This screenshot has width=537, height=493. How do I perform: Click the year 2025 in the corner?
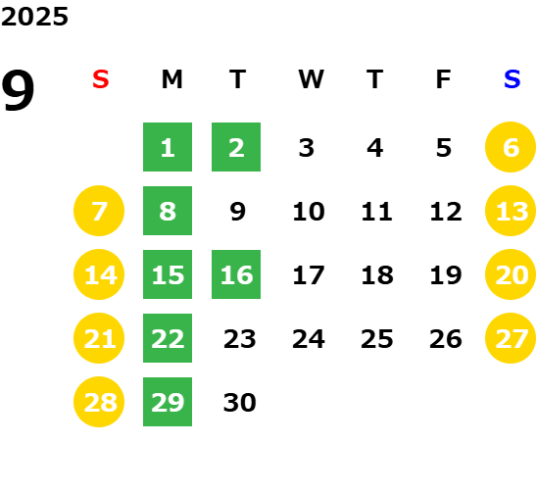pos(34,17)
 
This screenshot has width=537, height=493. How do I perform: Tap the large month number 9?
pos(18,90)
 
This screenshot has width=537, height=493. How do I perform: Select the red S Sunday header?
pos(101,79)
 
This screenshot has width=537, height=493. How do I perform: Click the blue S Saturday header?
pos(512,79)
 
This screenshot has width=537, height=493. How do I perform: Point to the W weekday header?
pos(311,79)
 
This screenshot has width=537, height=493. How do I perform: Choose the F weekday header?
pos(444,79)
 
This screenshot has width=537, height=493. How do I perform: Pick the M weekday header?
pos(171,79)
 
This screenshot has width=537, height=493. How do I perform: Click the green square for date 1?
pos(168,147)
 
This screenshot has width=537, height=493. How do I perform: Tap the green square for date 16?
pos(236,274)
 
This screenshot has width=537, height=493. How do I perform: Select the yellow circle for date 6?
pos(511,147)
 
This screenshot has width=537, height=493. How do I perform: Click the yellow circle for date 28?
pos(99,402)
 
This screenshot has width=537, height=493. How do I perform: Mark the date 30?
pos(239,402)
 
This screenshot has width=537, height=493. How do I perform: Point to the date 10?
pos(309,212)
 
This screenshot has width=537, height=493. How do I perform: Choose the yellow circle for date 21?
pos(99,338)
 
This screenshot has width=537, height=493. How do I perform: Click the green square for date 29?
pos(168,402)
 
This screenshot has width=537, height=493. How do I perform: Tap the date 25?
pos(377,339)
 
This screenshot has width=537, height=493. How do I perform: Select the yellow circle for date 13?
pos(511,211)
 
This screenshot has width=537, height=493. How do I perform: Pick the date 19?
pos(446,275)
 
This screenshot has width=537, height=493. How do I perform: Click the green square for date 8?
pos(168,211)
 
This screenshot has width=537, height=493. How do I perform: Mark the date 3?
pos(307,148)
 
